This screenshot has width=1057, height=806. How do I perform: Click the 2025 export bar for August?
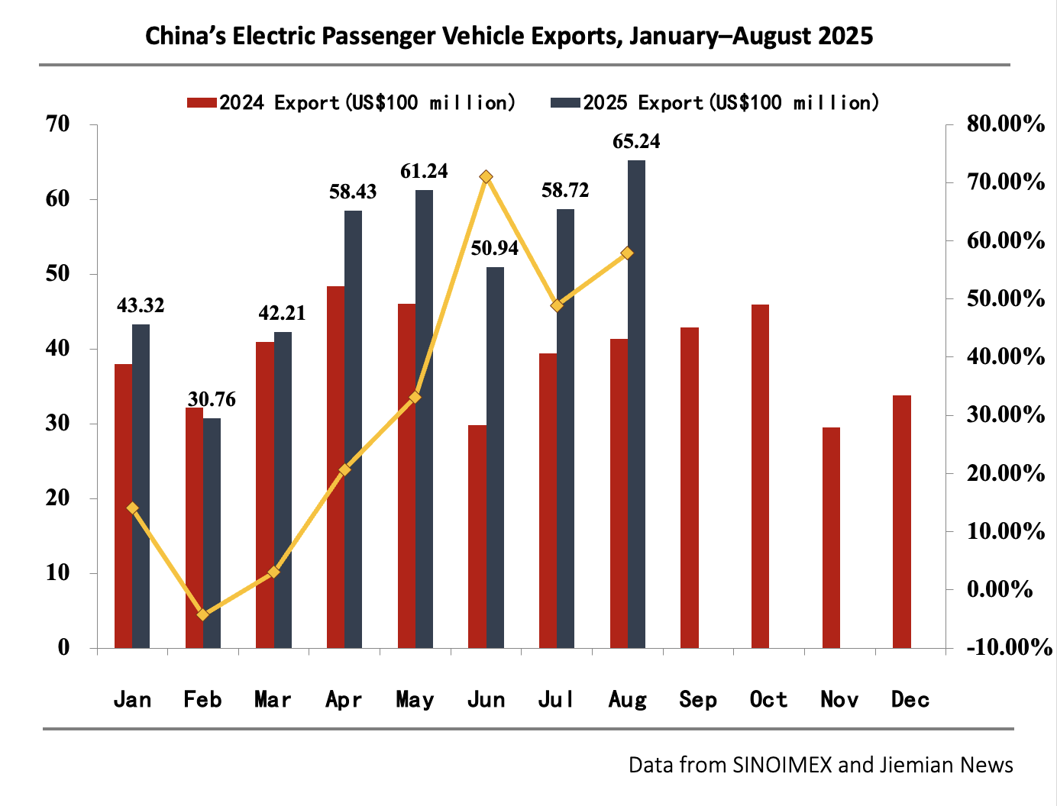click(x=636, y=405)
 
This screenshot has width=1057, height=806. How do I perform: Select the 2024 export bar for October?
click(x=760, y=476)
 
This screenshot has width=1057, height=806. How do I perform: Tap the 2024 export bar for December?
click(x=902, y=521)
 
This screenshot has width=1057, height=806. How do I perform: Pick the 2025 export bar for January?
click(x=141, y=486)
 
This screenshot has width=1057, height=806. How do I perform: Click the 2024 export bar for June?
click(x=477, y=537)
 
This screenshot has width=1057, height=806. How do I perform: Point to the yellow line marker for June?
click(x=486, y=177)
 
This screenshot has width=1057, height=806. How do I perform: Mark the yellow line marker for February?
click(x=203, y=614)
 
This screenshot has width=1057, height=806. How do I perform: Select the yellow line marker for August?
click(x=627, y=253)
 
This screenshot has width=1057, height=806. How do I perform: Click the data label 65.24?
click(x=636, y=142)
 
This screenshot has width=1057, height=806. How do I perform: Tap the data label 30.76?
click(x=212, y=399)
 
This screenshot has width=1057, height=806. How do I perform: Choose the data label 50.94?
click(x=494, y=248)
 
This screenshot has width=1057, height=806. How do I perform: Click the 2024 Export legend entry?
click(x=351, y=103)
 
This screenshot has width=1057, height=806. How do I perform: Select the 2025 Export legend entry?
click(x=715, y=103)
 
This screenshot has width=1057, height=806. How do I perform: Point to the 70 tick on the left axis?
click(x=57, y=124)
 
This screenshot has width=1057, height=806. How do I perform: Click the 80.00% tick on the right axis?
click(x=1005, y=124)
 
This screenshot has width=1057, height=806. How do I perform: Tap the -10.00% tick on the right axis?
click(x=1009, y=647)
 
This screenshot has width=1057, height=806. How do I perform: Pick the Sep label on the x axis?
click(x=698, y=700)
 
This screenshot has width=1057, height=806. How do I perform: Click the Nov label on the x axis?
click(x=839, y=700)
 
